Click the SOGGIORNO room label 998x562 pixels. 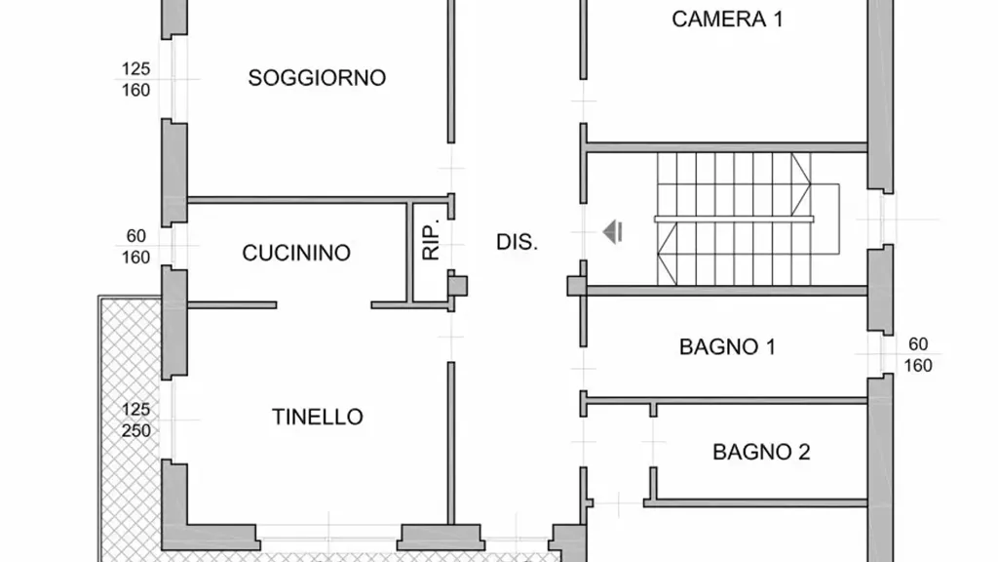click(317, 78)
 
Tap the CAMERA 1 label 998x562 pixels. click(727, 20)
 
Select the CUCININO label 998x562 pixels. click(296, 253)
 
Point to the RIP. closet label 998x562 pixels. click(431, 241)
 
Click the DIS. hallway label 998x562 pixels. click(517, 242)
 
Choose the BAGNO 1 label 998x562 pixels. click(727, 347)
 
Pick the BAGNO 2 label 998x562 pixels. click(761, 453)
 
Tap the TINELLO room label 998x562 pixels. click(318, 417)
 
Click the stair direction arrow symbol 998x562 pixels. click(612, 232)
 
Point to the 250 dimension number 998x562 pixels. click(136, 430)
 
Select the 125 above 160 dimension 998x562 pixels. click(136, 69)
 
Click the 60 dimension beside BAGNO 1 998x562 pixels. click(918, 344)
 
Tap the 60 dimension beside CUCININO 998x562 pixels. click(135, 236)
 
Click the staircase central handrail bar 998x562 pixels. click(734, 220)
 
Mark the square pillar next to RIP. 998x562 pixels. click(457, 286)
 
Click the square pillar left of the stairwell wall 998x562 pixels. click(577, 286)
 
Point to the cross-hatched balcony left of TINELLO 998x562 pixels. click(131, 427)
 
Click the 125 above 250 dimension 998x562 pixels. click(136, 409)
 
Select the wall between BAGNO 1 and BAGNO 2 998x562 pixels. click(724, 401)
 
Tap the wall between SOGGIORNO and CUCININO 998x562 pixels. click(318, 200)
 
